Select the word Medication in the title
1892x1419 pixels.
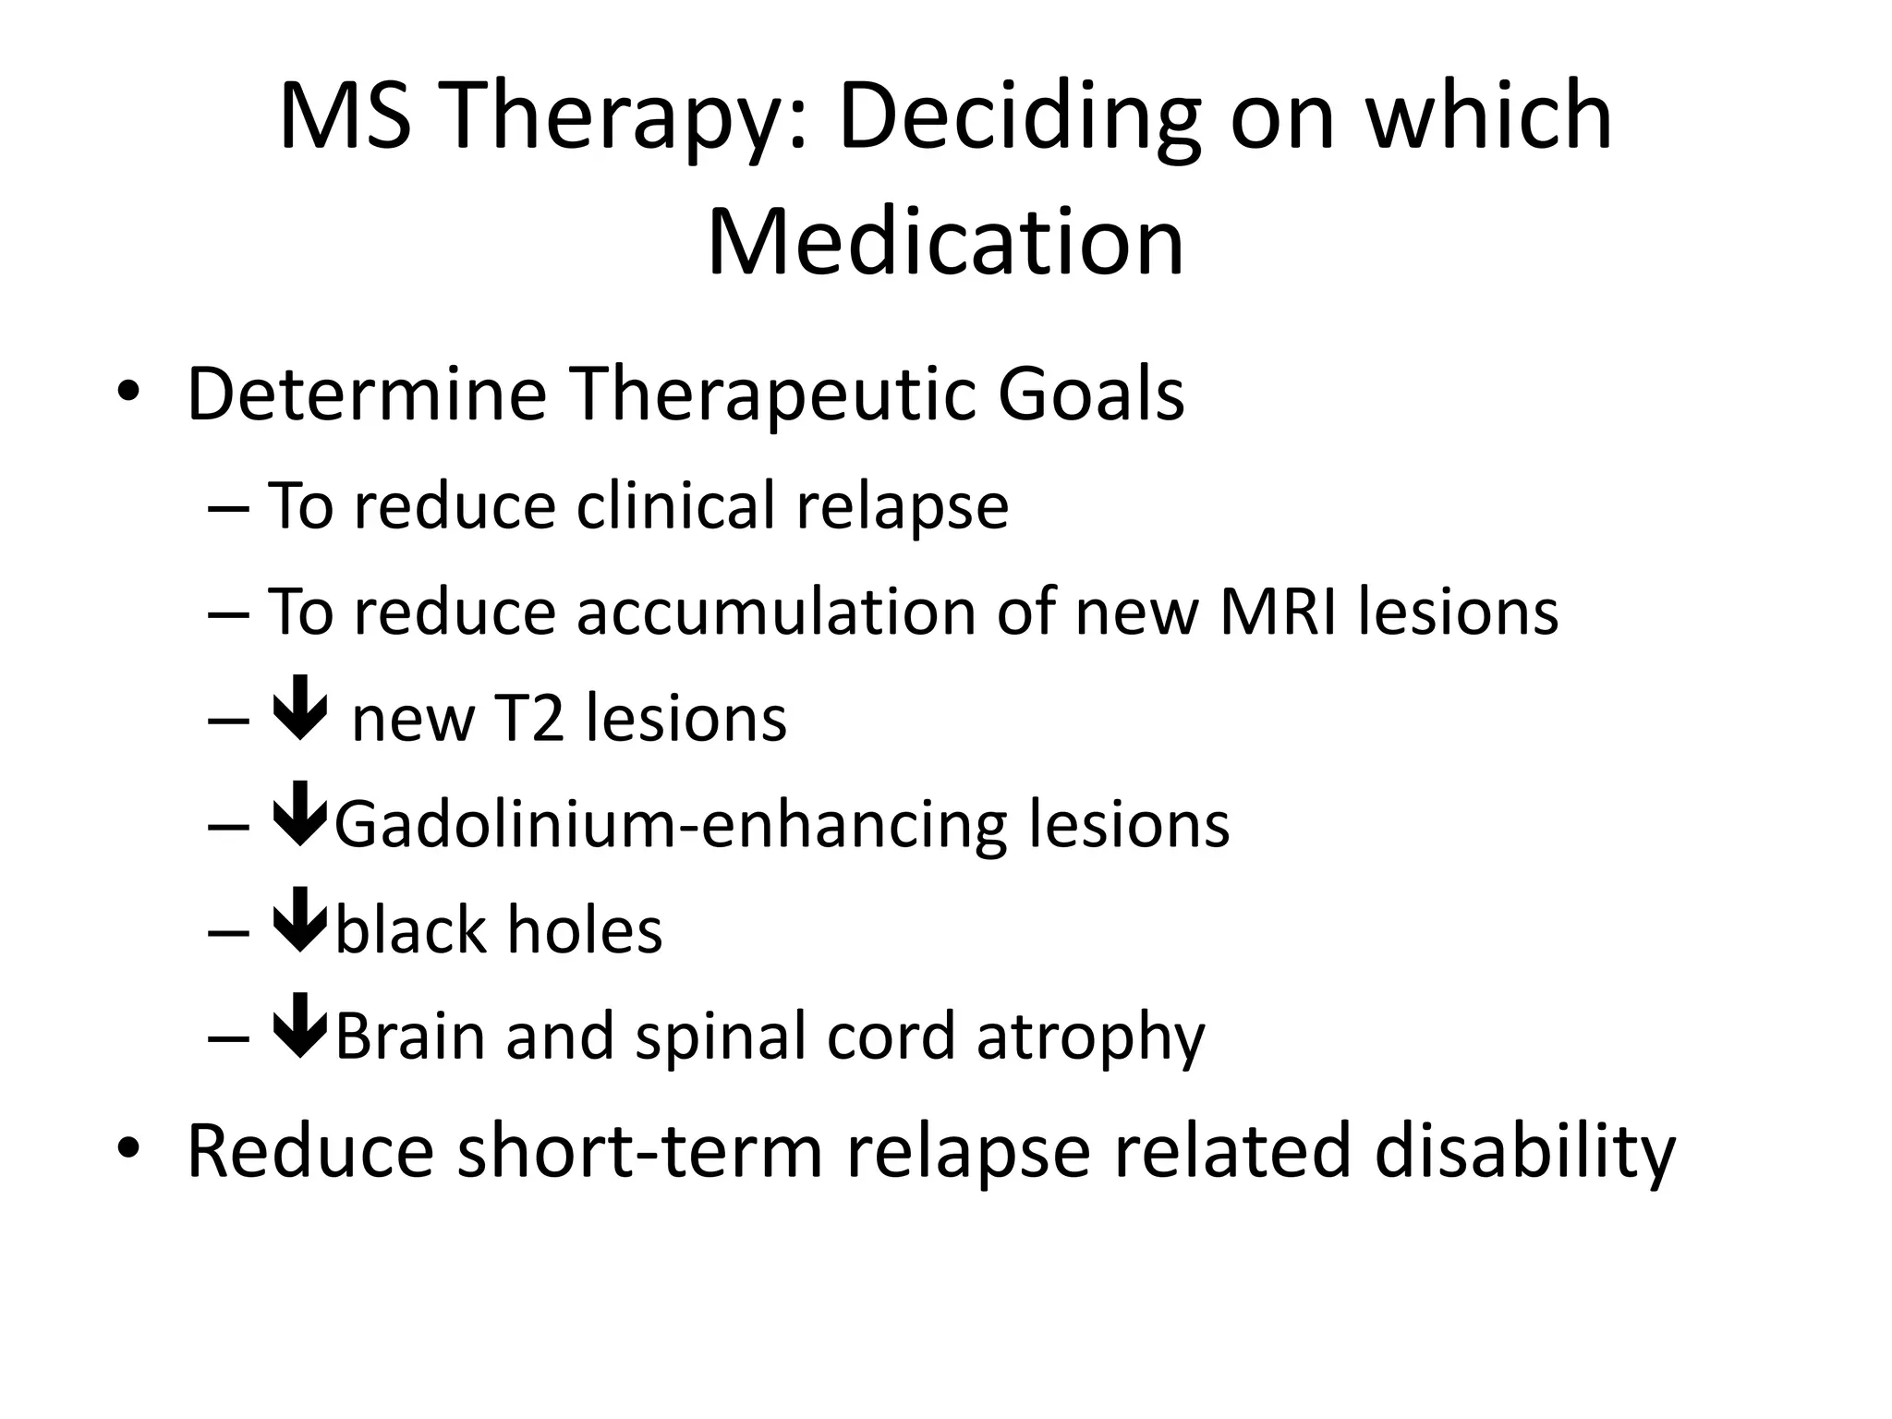945,243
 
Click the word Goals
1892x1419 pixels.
1091,394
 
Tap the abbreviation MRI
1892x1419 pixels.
1279,612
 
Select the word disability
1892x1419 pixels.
1524,1151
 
